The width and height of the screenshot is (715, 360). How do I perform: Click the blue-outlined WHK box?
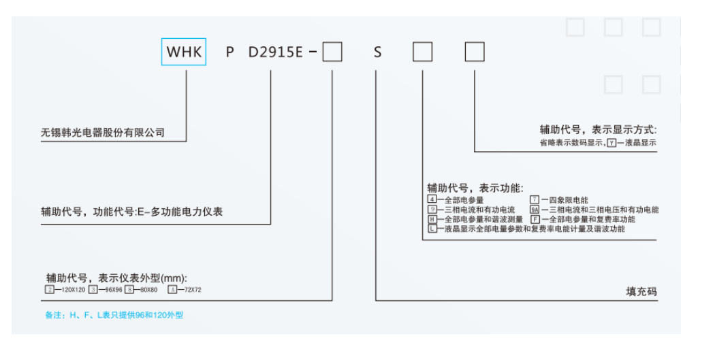click(x=184, y=52)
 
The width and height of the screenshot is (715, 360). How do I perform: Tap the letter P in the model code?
click(x=230, y=52)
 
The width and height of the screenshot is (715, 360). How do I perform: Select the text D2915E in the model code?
click(x=276, y=52)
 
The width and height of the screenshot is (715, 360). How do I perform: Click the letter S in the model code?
click(x=378, y=52)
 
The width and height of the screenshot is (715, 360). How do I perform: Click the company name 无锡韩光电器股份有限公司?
click(x=103, y=132)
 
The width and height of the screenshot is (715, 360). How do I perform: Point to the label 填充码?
click(x=641, y=291)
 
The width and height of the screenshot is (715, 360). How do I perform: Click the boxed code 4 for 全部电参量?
click(x=431, y=200)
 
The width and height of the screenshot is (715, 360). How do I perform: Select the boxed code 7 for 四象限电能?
click(x=535, y=200)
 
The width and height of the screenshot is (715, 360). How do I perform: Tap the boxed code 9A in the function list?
click(x=535, y=210)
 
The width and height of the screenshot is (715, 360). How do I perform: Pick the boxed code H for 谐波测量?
click(x=431, y=219)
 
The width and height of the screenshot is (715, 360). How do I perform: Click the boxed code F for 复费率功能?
click(x=535, y=219)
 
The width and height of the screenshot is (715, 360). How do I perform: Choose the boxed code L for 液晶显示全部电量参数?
click(x=431, y=229)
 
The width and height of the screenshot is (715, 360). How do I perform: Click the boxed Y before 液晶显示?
click(x=611, y=144)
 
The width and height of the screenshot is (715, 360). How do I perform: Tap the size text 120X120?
click(x=72, y=290)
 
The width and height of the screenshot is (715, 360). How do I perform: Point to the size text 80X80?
click(x=148, y=290)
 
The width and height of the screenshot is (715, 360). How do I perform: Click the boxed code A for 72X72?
click(x=172, y=290)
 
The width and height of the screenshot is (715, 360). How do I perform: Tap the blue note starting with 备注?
click(x=114, y=315)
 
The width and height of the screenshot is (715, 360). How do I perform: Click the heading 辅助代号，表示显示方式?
click(x=599, y=129)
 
